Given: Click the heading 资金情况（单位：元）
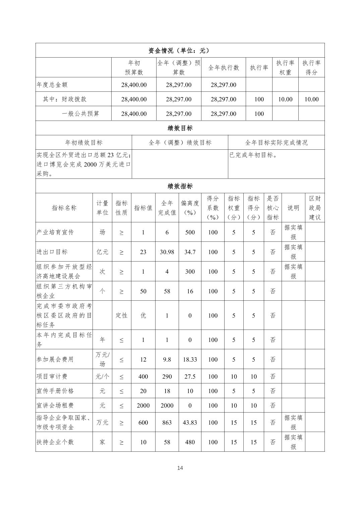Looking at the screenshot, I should point(180,51).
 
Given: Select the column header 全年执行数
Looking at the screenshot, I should point(224,68).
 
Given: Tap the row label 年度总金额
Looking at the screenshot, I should point(52,85).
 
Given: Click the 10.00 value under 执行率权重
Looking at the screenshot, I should point(285,99).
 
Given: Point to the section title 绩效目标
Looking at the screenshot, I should point(180,128).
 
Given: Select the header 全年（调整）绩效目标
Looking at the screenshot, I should point(180,142).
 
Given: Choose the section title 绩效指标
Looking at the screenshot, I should point(180,186).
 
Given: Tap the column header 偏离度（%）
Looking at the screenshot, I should point(190,208).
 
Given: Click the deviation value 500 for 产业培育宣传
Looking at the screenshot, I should point(190,232).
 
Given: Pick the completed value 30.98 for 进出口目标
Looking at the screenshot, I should point(167,252).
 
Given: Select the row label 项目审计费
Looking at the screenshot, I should point(52,376).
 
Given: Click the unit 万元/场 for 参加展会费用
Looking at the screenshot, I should point(102,359).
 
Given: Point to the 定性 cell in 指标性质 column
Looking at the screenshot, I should point(121,315).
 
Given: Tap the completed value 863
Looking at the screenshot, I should point(167,423).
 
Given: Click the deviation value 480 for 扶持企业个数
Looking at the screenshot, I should point(190,442).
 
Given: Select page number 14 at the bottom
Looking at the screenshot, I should point(180,468).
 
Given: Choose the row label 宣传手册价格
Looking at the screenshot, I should point(55,391).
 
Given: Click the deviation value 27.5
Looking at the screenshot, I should point(190,376).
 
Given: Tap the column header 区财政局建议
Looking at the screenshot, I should point(314,208).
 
